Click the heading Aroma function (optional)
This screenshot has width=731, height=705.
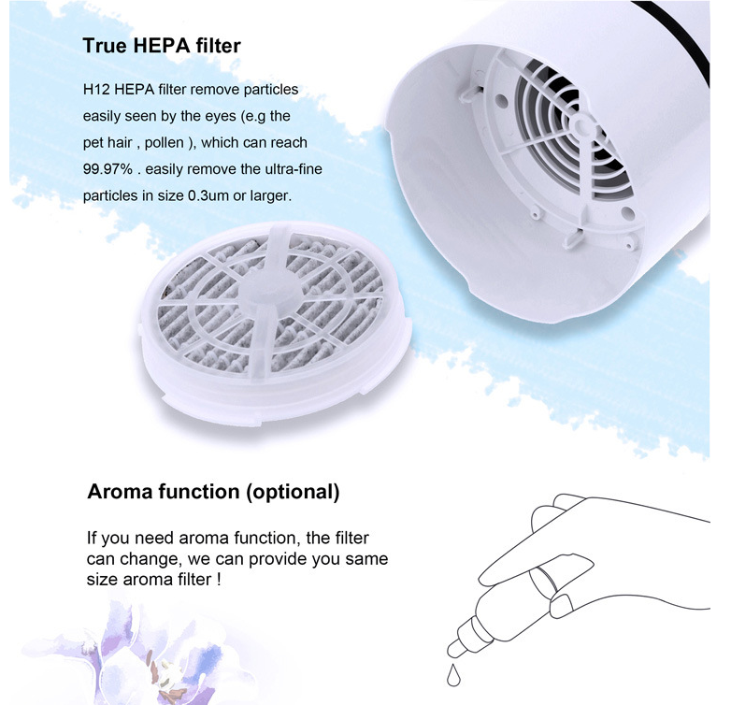coord(212,492)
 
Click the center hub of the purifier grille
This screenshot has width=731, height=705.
coord(583,125)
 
